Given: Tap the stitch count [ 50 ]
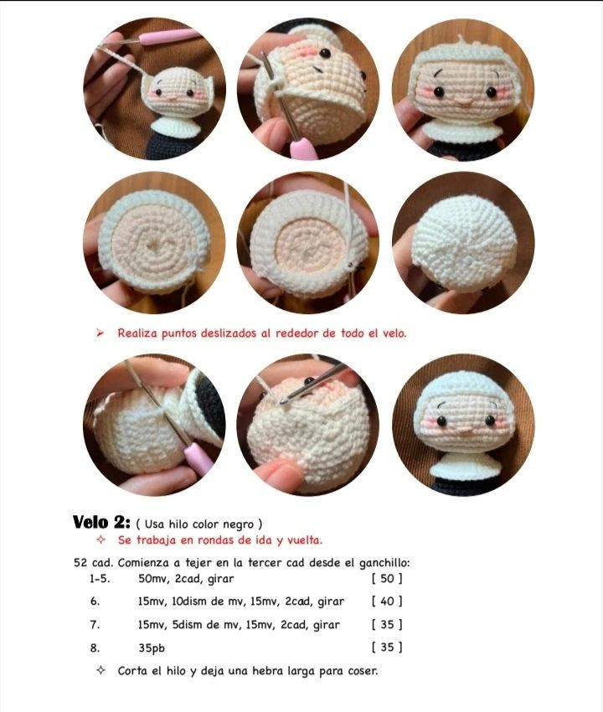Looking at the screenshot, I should pos(387,579).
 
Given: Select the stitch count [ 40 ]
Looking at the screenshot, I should pos(387,601).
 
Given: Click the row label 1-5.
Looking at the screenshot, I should pos(100,579).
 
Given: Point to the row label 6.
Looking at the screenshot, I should pos(95,601).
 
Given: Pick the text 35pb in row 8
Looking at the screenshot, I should pos(152,648).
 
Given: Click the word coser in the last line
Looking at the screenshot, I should pos(362,671).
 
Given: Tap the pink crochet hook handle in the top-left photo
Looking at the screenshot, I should pos(167,37).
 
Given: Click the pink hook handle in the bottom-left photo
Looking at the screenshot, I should pos(198,457).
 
